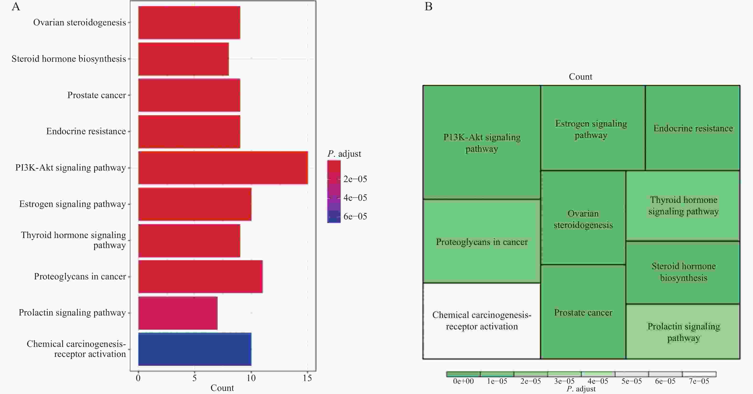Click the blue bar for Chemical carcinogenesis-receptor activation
pyautogui.click(x=195, y=349)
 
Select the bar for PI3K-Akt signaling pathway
pyautogui.click(x=223, y=168)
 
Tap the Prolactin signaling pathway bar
pyautogui.click(x=178, y=313)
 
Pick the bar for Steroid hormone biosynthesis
pyautogui.click(x=183, y=59)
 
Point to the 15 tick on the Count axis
pyautogui.click(x=307, y=378)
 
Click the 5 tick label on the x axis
pyautogui.click(x=195, y=378)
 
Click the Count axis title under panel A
pyautogui.click(x=222, y=388)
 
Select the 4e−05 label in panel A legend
pyautogui.click(x=355, y=198)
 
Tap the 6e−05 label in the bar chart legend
pyautogui.click(x=355, y=216)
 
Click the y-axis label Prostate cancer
pyautogui.click(x=97, y=95)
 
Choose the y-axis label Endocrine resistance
pyautogui.click(x=86, y=131)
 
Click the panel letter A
pyautogui.click(x=16, y=6)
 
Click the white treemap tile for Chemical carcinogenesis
pyautogui.click(x=481, y=321)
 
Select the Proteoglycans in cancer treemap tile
pyautogui.click(x=481, y=242)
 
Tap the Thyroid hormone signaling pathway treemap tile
pyautogui.click(x=683, y=206)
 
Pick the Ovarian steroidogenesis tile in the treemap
pyautogui.click(x=583, y=219)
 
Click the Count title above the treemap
pyautogui.click(x=580, y=77)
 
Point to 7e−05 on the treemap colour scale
pyautogui.click(x=699, y=381)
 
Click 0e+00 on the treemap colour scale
pyautogui.click(x=463, y=381)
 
